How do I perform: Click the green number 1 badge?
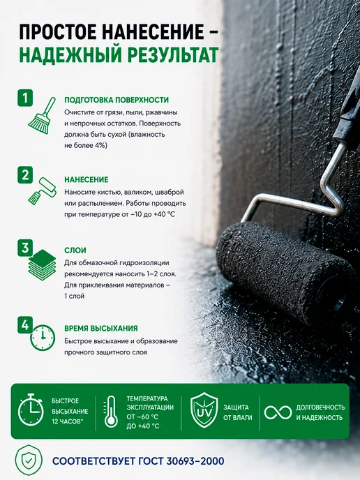pos(25,98)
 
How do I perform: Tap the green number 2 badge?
pos(25,175)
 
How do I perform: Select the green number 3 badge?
pos(25,248)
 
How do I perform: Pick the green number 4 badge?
pos(25,325)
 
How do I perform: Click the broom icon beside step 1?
pos(43,116)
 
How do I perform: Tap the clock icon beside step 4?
pos(43,338)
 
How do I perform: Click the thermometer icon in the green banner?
pos(110,411)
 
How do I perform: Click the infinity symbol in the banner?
pos(278,412)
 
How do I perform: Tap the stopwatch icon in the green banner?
pos(31,410)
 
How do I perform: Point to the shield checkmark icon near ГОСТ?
pos(29,460)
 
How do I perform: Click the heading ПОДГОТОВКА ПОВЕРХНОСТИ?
pos(117,100)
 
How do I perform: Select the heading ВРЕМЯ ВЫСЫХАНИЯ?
pos(101,328)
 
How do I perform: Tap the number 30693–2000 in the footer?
pos(195,461)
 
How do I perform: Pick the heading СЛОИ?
pos(75,250)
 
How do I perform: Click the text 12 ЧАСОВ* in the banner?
pos(68,421)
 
